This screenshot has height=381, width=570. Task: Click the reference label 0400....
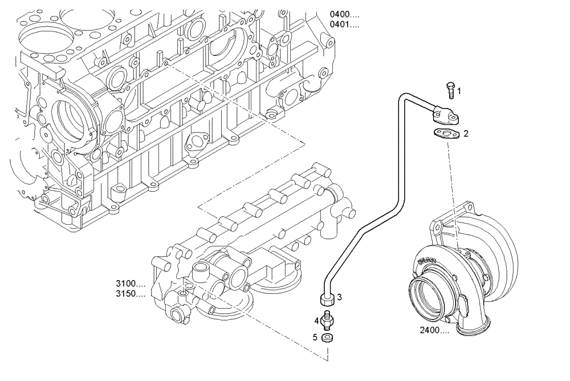[344, 14]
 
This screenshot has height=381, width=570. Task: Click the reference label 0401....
[344, 25]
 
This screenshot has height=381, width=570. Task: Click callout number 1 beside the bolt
[459, 91]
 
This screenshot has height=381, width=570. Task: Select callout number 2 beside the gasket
[466, 134]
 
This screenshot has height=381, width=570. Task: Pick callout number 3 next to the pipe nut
[339, 297]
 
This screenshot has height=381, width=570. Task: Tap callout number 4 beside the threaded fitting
[316, 321]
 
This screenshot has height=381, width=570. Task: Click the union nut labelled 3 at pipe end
[327, 298]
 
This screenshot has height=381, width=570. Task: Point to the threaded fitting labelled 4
[327, 321]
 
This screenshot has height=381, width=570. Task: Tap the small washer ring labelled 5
[327, 338]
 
